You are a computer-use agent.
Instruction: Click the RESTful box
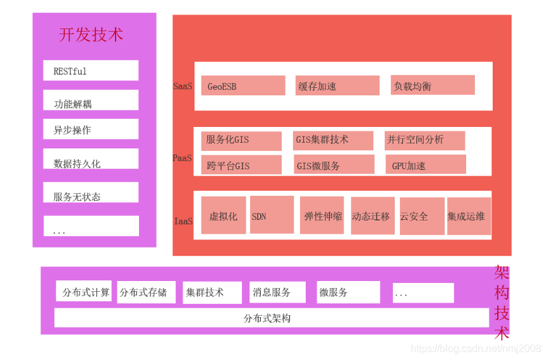[90, 71]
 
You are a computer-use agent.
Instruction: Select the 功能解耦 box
[90, 100]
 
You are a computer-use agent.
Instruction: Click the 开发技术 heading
[91, 35]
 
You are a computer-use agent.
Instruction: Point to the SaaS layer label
[183, 86]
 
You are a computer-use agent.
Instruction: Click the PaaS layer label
[183, 158]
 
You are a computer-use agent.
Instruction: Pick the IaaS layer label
[183, 221]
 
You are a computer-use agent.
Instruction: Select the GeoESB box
[243, 86]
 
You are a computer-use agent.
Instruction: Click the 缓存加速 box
[337, 86]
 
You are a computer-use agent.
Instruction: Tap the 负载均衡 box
[432, 85]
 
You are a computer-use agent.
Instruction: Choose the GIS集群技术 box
[333, 140]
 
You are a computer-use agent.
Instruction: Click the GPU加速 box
[425, 165]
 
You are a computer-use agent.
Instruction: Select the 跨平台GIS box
[241, 165]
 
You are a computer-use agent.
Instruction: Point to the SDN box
[272, 215]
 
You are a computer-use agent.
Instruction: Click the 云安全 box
[421, 216]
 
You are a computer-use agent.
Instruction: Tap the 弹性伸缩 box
[322, 215]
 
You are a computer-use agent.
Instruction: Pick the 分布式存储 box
[146, 292]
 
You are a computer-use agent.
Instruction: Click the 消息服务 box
[277, 292]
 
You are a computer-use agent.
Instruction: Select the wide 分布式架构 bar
[271, 318]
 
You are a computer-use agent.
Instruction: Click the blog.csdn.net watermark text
[475, 348]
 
